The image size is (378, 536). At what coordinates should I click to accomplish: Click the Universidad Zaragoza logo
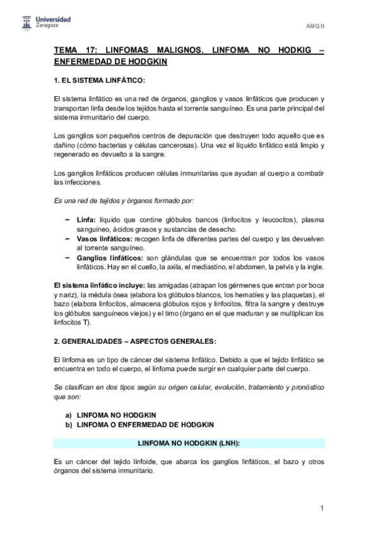(44, 23)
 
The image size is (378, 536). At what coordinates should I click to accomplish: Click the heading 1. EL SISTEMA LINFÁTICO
(100, 80)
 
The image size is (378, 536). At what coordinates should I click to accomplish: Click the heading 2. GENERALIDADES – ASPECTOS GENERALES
(134, 342)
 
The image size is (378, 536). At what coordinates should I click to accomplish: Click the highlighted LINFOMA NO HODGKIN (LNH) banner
(189, 444)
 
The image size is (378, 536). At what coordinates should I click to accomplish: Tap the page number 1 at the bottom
(322, 508)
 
